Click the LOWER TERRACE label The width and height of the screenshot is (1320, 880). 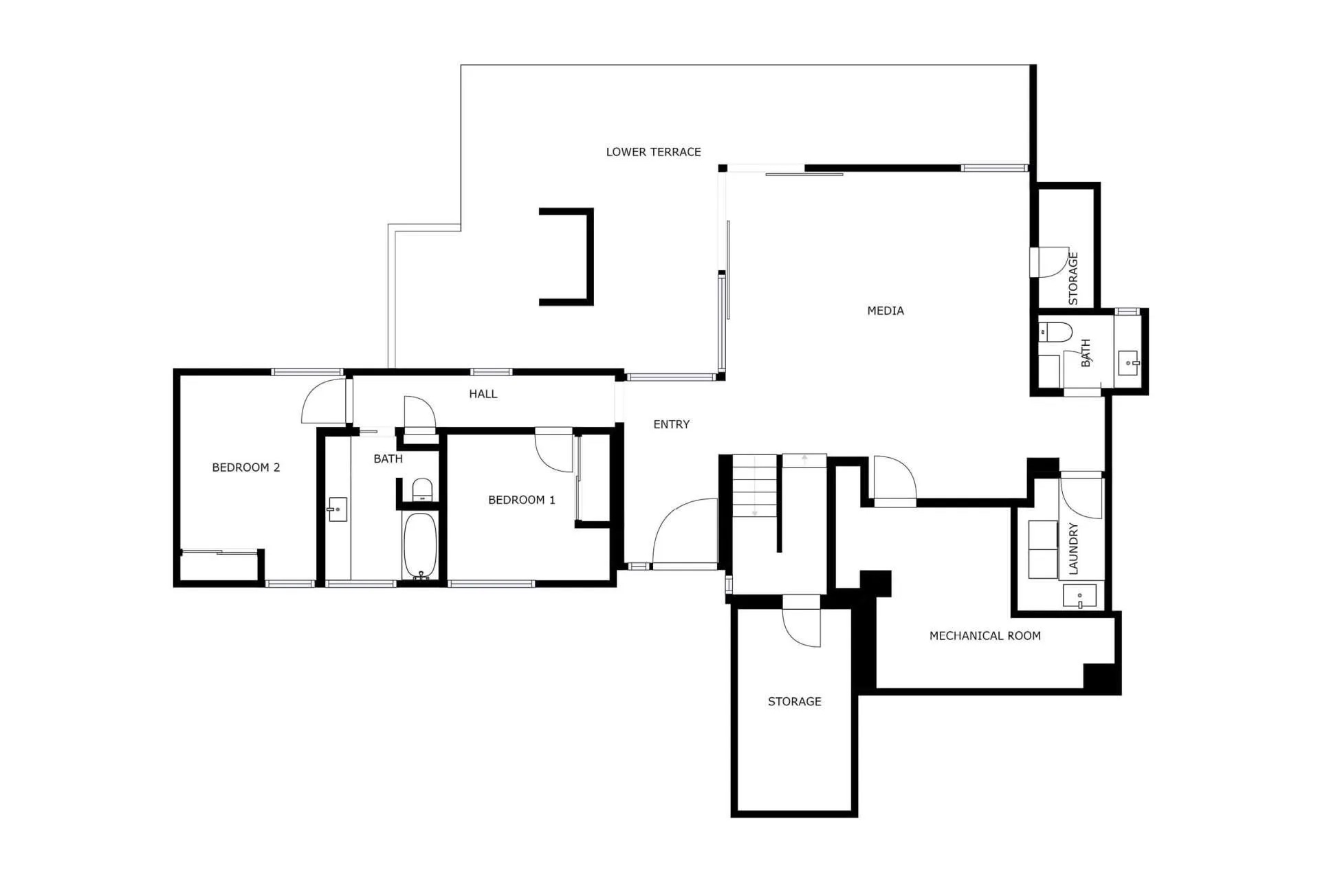653,152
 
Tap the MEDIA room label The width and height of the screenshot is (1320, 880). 885,311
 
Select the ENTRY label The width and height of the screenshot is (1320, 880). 671,424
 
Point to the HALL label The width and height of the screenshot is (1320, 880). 483,394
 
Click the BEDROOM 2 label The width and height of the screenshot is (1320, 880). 246,467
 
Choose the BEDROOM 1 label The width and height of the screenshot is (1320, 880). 522,500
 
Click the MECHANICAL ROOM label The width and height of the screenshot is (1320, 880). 985,636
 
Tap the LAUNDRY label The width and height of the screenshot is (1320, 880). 1073,549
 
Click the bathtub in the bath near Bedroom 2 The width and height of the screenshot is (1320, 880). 419,546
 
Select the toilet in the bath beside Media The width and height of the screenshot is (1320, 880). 1055,331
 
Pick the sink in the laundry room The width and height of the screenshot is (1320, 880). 1079,596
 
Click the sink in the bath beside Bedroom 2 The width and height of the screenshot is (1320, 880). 338,509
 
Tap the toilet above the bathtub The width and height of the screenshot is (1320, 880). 422,489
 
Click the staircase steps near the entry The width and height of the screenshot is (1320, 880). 755,486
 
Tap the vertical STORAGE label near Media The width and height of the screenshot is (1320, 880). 1073,278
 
